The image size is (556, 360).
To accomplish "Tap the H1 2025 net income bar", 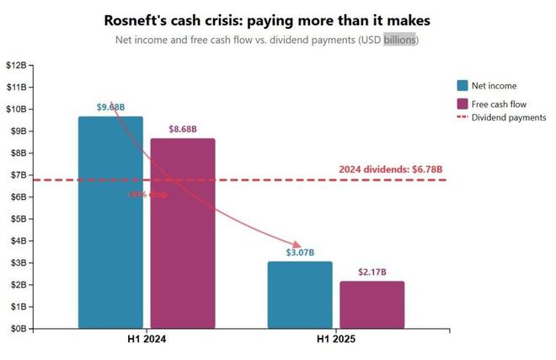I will click(x=300, y=294).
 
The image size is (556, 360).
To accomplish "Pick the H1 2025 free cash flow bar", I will click(x=372, y=304).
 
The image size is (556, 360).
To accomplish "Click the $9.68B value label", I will click(x=110, y=107).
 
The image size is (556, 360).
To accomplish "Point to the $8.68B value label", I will click(x=183, y=129).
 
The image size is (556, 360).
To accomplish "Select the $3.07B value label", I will click(x=300, y=252).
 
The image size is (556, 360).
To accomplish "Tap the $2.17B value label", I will click(x=372, y=271).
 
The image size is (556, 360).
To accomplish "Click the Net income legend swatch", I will click(x=462, y=85).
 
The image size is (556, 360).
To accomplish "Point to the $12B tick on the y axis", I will click(x=17, y=65).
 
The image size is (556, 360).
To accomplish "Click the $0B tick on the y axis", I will click(x=17, y=328).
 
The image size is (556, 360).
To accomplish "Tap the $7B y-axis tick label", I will click(x=17, y=175).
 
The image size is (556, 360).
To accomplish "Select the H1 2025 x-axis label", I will click(x=335, y=340).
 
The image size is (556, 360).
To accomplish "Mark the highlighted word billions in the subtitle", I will click(x=399, y=40).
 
